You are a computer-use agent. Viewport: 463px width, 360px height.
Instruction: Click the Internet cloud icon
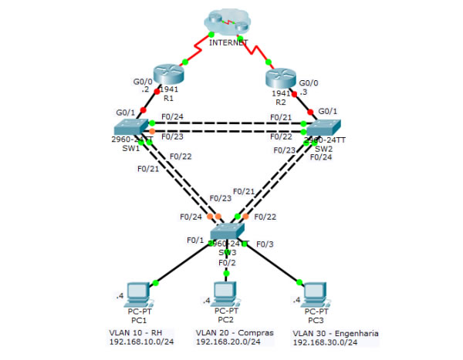(228, 23)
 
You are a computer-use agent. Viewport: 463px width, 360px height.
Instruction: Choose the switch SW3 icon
(228, 234)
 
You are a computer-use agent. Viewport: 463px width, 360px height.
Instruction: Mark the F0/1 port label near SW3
(194, 240)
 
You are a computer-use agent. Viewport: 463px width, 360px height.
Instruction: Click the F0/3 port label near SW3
(265, 244)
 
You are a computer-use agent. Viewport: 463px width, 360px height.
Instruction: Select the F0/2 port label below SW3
(226, 262)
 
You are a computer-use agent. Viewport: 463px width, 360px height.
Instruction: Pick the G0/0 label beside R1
(144, 80)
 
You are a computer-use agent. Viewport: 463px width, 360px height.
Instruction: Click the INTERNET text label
(228, 43)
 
